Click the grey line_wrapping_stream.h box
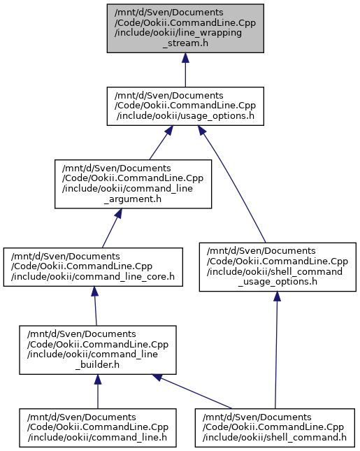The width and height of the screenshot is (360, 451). [x=185, y=28]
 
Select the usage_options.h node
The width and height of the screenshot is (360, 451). [x=185, y=106]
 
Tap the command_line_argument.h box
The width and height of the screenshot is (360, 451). [x=133, y=184]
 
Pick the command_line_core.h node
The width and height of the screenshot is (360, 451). [x=93, y=267]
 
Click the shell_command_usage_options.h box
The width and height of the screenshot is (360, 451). [x=278, y=267]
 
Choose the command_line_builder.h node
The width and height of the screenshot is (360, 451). [x=98, y=350]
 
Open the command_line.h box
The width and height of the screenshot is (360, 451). [x=98, y=428]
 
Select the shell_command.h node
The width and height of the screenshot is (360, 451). [x=275, y=428]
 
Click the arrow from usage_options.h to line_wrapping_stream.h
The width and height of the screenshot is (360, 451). [x=185, y=70]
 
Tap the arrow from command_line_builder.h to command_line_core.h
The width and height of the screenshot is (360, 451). [x=95, y=306]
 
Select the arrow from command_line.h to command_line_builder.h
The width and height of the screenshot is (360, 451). [x=98, y=392]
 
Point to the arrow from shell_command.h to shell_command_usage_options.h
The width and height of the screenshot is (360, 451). [x=276, y=350]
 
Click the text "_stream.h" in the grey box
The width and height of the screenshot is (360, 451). [x=185, y=43]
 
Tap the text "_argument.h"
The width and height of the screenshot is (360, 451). [x=133, y=199]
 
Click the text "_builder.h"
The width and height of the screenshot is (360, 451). [x=97, y=365]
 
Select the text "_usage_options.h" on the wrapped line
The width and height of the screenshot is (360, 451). [x=278, y=282]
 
